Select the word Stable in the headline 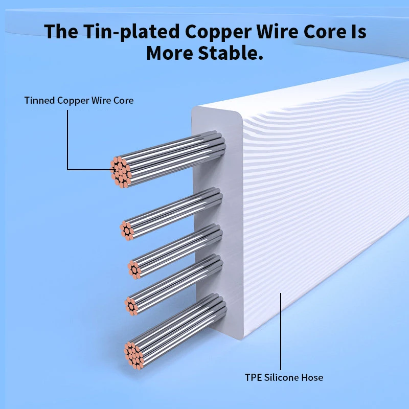click(231, 53)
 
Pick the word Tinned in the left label click(39, 100)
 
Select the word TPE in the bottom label click(253, 377)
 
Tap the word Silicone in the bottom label click(281, 377)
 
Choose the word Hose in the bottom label click(312, 377)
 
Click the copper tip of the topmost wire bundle click(121, 172)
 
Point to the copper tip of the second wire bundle click(127, 231)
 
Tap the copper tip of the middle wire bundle click(134, 269)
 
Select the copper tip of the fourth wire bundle click(131, 306)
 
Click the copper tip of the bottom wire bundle click(134, 356)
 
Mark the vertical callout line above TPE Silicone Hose click(281, 331)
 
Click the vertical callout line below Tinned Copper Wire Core click(67, 140)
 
